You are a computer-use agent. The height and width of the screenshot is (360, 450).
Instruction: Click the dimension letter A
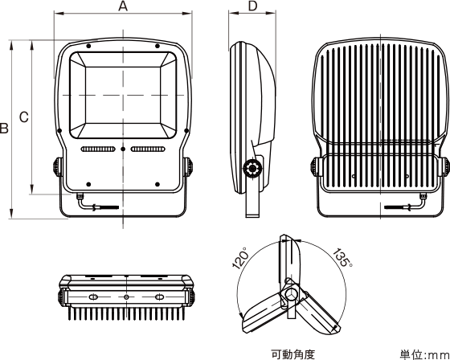coord(123,6)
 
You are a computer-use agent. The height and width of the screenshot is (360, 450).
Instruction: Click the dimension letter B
coord(4,129)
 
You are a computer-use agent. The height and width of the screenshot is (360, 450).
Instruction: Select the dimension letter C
coord(24,117)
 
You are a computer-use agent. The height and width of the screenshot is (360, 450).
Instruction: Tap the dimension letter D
coord(252,6)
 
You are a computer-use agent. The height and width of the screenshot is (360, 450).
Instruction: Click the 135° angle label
coord(342,257)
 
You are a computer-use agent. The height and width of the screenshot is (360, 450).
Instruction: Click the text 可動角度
coord(293,354)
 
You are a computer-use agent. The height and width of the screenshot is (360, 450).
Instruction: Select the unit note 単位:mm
coord(424,354)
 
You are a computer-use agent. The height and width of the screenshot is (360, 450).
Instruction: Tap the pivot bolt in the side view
coord(252,169)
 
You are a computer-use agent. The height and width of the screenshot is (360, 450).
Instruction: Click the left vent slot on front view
coord(98,149)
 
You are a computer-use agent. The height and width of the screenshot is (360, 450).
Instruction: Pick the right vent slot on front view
coord(148,149)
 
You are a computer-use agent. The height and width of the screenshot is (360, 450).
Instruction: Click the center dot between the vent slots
coord(123,149)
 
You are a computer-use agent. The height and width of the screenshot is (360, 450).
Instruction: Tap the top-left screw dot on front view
coord(88,46)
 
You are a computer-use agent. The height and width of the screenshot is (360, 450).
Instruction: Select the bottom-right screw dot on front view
coord(157,184)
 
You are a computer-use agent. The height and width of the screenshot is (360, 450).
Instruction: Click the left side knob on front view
coord(57,167)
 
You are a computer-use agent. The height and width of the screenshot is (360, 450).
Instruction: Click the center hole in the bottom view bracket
coord(126,297)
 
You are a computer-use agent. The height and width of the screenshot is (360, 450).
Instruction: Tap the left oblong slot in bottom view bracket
coord(93,297)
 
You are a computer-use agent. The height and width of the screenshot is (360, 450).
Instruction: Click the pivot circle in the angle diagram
coord(290,293)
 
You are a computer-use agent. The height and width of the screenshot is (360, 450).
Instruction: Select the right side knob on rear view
coord(445,167)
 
